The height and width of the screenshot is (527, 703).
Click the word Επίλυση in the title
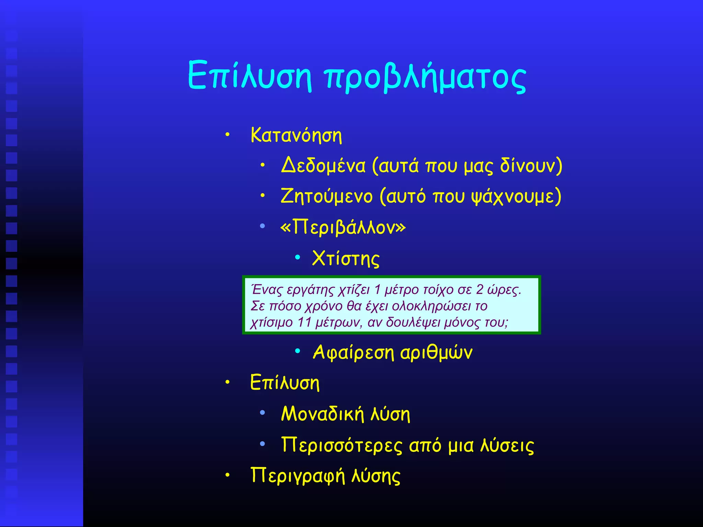250,75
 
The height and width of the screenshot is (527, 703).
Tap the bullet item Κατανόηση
296,135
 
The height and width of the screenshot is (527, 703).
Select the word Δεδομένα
323,166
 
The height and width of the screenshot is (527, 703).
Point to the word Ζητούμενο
326,197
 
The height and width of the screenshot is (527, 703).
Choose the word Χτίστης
346,258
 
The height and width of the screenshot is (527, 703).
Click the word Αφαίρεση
354,352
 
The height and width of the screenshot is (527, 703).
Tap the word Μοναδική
322,414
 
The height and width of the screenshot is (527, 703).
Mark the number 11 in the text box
304,323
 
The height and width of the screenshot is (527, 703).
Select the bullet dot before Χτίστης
298,257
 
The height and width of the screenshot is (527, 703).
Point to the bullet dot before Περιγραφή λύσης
227,475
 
